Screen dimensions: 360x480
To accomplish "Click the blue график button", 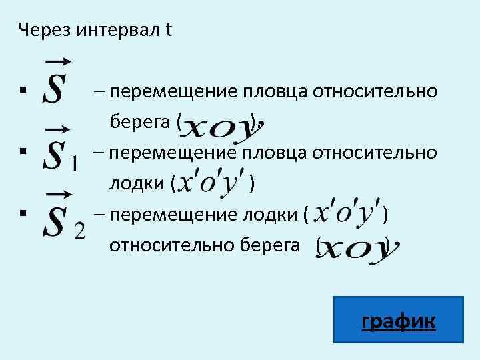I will pos(398,323).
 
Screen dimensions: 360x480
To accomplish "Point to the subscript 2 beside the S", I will pos(79,231).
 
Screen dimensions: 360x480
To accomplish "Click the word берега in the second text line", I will pos(141,122).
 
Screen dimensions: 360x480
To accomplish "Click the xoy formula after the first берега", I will pos(222,127).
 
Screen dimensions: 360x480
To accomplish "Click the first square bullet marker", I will pos(23,89).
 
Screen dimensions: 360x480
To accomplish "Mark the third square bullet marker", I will pos(23,213).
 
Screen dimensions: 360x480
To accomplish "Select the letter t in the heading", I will pos(169,31).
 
